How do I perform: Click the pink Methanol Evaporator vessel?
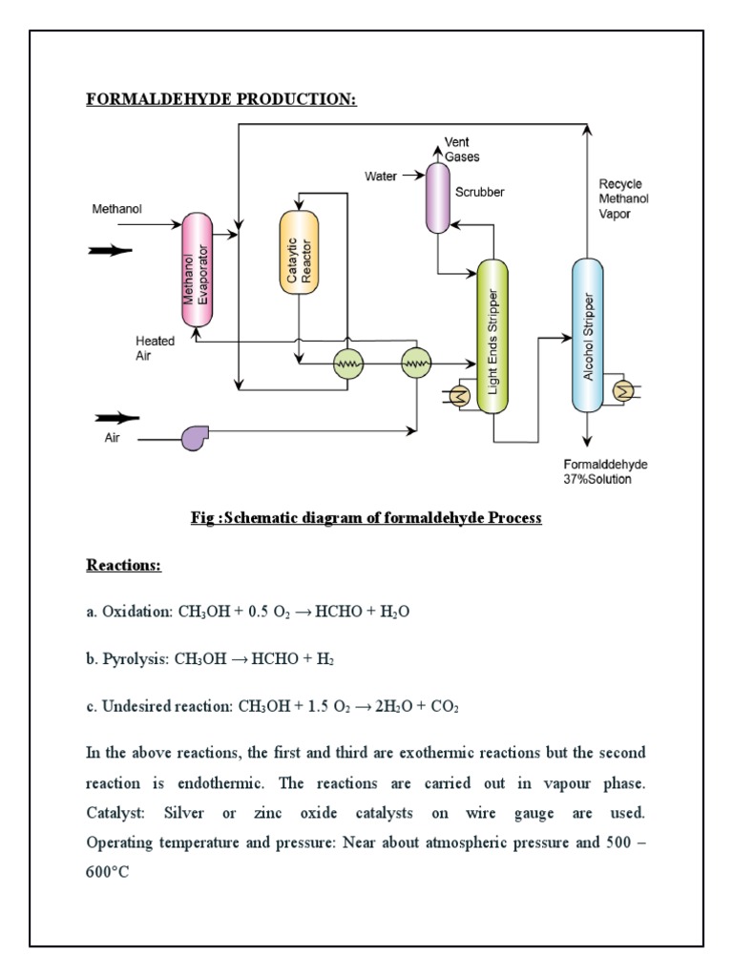pyautogui.click(x=196, y=271)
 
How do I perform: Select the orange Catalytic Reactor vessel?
pyautogui.click(x=297, y=252)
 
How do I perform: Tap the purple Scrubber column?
pyautogui.click(x=437, y=197)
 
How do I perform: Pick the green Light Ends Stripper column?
pyautogui.click(x=492, y=336)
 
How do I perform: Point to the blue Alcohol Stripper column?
pyautogui.click(x=588, y=335)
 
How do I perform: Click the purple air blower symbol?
pyautogui.click(x=195, y=437)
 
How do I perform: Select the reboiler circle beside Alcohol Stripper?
pyautogui.click(x=623, y=390)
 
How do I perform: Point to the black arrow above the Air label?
pyautogui.click(x=116, y=417)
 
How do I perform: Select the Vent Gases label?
pyautogui.click(x=462, y=150)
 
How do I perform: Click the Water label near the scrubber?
pyautogui.click(x=381, y=177)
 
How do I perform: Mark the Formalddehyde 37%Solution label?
pyautogui.click(x=605, y=471)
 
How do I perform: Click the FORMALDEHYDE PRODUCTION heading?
pyautogui.click(x=221, y=99)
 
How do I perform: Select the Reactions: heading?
pyautogui.click(x=124, y=566)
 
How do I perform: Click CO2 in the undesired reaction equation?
pyautogui.click(x=446, y=707)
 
